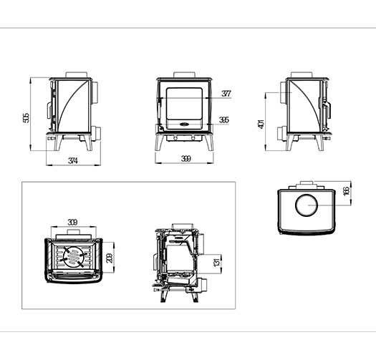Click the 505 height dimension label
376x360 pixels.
tap(26, 118)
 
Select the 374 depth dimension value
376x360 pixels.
tap(73, 160)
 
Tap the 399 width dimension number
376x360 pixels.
tap(186, 159)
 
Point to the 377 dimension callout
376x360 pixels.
tap(226, 93)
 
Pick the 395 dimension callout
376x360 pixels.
tap(224, 120)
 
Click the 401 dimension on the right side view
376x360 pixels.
tap(261, 124)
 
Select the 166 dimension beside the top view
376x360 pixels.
tap(346, 191)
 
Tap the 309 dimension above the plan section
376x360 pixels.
tap(72, 222)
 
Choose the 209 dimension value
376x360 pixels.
tap(110, 258)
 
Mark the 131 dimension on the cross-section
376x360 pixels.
tap(216, 262)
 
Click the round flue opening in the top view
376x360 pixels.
tap(307, 205)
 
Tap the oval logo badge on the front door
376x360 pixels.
tap(184, 124)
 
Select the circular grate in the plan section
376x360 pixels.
tap(73, 257)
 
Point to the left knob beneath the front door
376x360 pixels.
tap(175, 138)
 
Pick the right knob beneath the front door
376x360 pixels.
tap(193, 138)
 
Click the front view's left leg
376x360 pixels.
tap(160, 142)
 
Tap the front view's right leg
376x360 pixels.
tap(209, 142)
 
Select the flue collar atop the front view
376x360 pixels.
tap(184, 74)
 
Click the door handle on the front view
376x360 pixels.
tap(159, 110)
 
